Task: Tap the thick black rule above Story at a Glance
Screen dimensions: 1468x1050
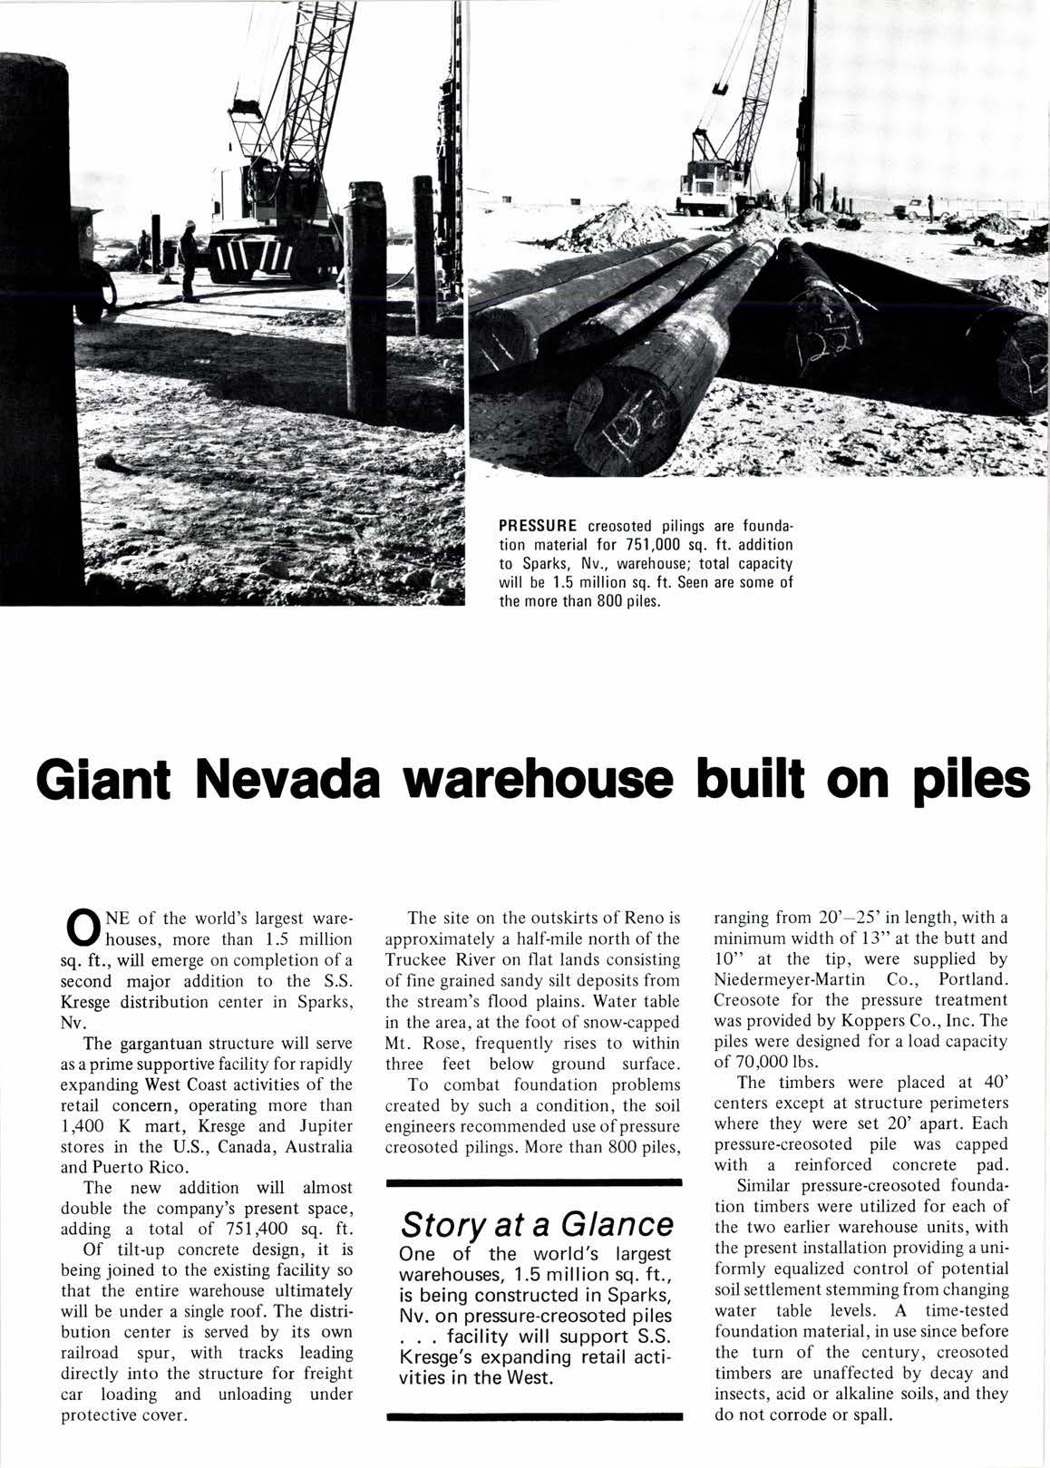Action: pyautogui.click(x=534, y=1182)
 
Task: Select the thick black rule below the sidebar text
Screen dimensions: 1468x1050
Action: pyautogui.click(x=534, y=1414)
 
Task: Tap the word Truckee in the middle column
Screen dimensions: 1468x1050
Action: pyautogui.click(x=416, y=958)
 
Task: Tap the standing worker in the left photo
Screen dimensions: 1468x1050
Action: pyautogui.click(x=188, y=263)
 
